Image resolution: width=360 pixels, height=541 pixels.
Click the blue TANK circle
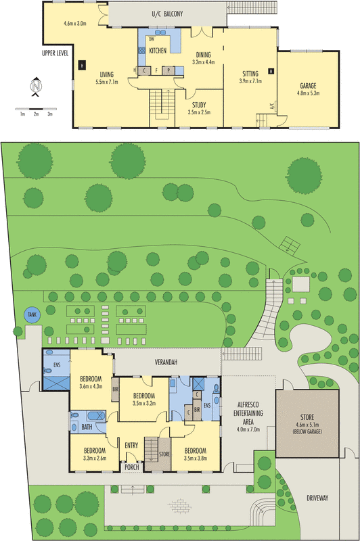(32, 314)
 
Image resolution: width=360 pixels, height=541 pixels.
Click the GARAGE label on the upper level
(308, 86)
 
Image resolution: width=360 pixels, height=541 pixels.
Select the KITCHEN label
(158, 51)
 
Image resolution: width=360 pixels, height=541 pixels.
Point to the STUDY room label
(199, 105)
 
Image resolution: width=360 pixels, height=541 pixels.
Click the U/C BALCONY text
(167, 14)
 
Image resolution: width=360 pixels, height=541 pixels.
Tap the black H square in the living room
(82, 65)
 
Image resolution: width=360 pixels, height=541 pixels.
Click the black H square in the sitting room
(271, 72)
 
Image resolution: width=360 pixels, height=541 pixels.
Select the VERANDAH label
(166, 362)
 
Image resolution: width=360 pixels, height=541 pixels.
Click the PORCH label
(131, 467)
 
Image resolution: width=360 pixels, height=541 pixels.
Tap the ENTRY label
(131, 446)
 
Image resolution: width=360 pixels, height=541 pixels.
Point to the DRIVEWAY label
(317, 498)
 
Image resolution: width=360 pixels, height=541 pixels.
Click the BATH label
(87, 427)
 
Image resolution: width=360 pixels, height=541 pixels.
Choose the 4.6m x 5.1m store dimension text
(307, 425)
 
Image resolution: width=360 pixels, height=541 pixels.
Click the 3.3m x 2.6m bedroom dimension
(95, 458)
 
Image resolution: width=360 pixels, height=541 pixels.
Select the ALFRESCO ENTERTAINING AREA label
(248, 413)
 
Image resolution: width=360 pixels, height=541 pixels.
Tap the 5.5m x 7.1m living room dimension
(107, 82)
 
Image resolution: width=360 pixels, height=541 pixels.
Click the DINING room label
(203, 55)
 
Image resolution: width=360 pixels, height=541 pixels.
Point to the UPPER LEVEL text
(55, 53)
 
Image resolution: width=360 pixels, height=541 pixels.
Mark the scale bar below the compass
(36, 109)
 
